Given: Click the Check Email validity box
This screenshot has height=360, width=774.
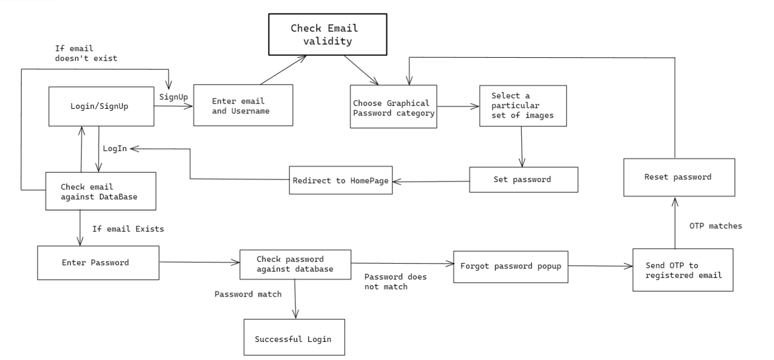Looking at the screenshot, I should point(324,35).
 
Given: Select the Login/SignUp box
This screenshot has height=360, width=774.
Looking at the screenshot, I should point(101,106).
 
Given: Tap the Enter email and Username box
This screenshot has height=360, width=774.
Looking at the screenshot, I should point(243,105).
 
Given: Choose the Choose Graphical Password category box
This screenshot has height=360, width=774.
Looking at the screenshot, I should point(393,107).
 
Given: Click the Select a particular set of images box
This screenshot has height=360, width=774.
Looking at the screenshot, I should point(522,106).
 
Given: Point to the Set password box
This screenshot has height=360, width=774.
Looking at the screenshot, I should point(523,179).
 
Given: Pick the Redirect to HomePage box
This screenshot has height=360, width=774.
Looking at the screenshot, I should point(340,180).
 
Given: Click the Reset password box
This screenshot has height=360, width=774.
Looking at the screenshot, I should point(678,177).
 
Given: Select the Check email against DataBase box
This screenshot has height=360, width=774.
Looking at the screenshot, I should point(101,191).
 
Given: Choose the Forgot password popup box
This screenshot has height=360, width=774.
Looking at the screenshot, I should point(510,267).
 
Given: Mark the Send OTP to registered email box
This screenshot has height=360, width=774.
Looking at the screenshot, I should point(682,270).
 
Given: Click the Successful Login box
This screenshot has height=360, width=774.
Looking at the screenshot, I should point(293,337).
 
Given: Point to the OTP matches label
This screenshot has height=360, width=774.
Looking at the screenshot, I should point(715,226).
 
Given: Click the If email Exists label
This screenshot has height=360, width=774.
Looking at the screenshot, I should point(128,228).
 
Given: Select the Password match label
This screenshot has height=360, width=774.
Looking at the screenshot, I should point(248,294).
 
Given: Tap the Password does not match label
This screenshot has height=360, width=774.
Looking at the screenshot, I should point(395,282).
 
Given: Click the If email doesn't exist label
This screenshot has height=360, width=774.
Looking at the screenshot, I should point(86,53).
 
